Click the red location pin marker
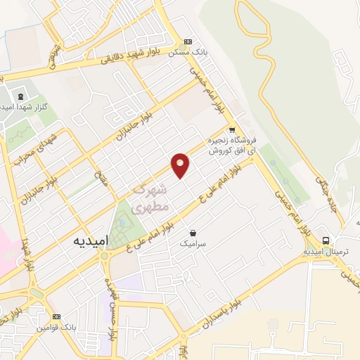[x=181, y=165]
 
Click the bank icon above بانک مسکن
[x=187, y=41]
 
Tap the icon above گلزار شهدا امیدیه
[x=19, y=96]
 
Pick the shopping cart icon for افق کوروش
[x=231, y=130]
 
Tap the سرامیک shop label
[x=194, y=243]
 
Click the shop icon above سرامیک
[x=193, y=232]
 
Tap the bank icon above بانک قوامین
[x=57, y=317]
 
